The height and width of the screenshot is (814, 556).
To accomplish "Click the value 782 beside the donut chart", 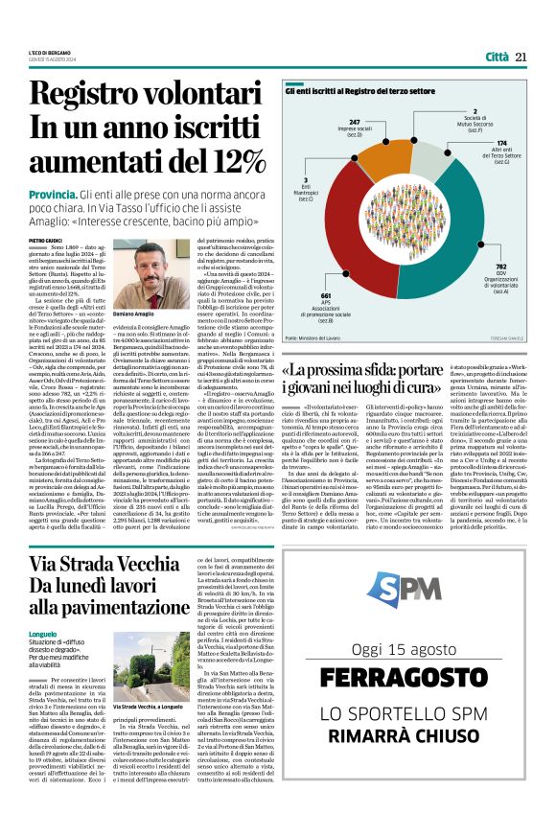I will (x=500, y=267).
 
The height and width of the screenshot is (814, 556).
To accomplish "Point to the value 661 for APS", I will (x=325, y=295).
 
